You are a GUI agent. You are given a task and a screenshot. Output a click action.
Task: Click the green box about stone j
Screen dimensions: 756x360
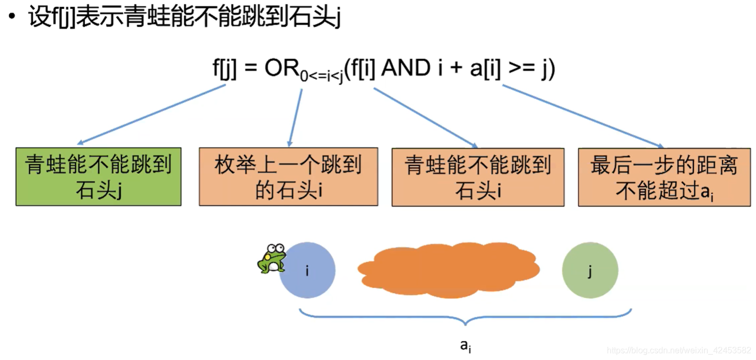98,177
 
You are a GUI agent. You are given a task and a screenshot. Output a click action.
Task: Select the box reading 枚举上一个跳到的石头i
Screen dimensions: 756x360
288,177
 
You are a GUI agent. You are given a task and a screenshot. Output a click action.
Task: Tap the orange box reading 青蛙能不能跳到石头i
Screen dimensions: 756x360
478,177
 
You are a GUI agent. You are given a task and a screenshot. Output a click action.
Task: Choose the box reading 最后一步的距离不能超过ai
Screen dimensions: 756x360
664,177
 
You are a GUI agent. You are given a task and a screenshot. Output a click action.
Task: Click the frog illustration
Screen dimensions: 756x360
271,259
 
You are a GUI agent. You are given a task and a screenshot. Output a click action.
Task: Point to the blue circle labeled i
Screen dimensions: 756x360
307,270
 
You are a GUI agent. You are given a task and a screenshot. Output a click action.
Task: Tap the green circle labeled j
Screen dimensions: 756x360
590,271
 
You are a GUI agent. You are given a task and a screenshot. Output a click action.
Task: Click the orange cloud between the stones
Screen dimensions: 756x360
449,270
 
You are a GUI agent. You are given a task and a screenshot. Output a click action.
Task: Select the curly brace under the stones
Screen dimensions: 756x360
466,317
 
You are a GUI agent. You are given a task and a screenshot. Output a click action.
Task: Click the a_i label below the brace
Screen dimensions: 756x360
466,346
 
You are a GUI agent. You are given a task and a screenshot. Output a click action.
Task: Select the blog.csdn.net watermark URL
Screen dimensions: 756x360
679,350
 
